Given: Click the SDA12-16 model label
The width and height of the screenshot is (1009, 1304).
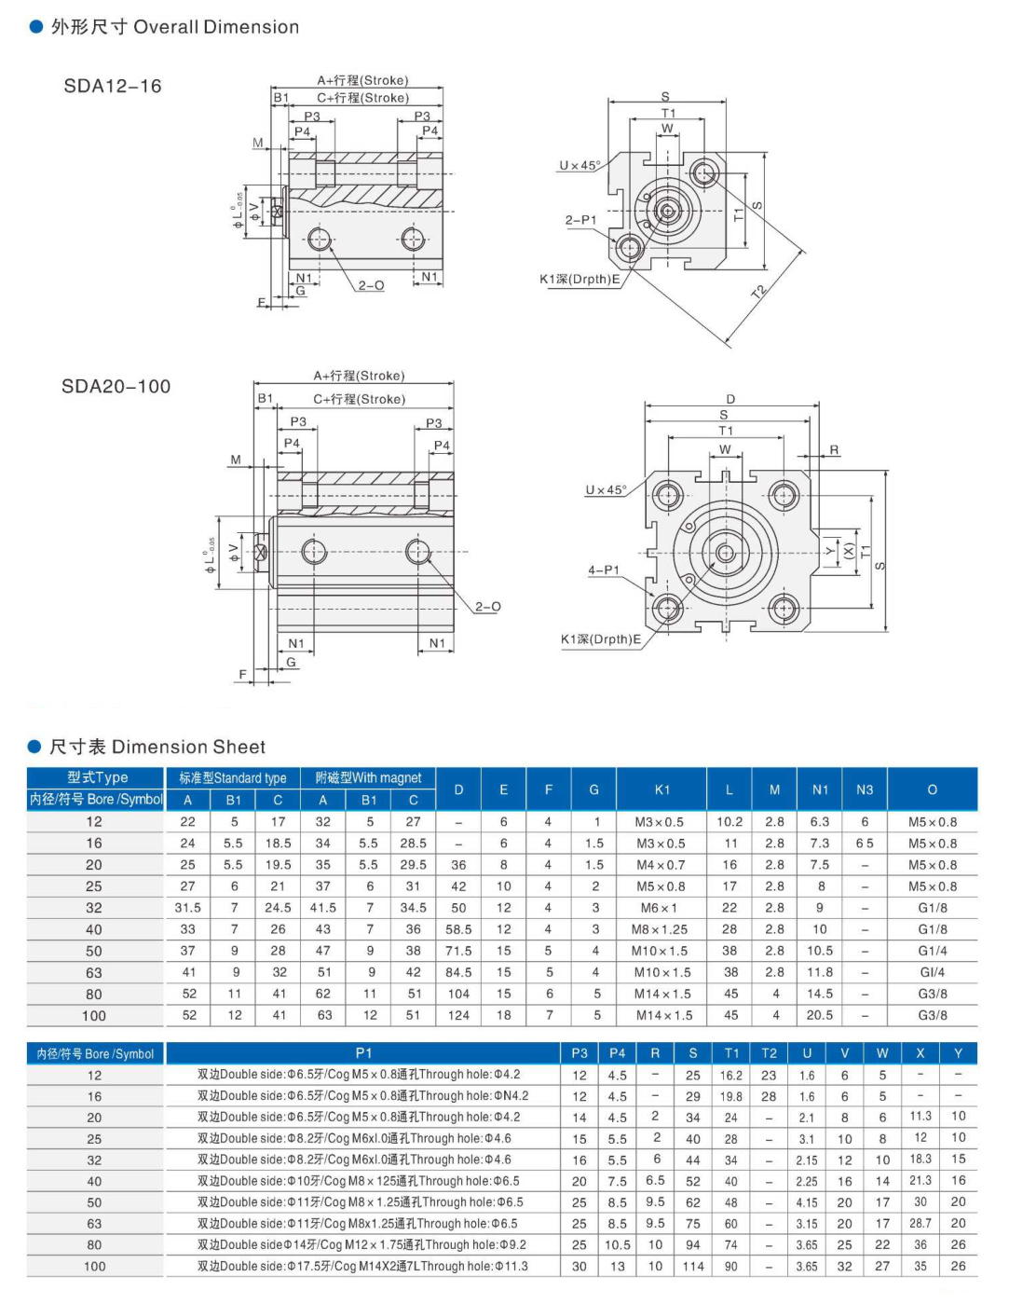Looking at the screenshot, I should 113,87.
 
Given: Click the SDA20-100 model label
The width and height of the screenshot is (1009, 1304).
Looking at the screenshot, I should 116,387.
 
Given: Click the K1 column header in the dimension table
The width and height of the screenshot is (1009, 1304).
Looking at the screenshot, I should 662,789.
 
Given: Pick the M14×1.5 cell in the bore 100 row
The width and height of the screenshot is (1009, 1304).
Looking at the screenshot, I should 662,1015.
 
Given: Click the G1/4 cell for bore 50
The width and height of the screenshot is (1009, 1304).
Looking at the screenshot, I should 932,951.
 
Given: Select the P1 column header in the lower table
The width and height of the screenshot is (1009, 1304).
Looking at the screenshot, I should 363,1053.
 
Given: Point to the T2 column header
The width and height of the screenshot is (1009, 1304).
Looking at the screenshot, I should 769,1053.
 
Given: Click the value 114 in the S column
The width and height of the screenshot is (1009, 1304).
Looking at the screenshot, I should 692,1266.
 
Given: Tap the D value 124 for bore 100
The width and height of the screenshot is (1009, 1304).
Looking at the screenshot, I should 458,1015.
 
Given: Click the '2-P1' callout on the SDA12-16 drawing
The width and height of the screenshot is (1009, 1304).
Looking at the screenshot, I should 580,221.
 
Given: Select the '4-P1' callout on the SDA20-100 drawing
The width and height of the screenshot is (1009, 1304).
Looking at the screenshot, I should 603,570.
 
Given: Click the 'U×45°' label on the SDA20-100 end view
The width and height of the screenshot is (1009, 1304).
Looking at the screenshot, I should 606,490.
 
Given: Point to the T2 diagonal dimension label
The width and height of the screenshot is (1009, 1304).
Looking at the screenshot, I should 758,292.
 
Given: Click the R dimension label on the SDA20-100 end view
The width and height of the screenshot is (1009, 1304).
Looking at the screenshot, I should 834,450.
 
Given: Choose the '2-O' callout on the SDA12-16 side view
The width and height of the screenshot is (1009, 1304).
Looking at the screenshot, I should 371,285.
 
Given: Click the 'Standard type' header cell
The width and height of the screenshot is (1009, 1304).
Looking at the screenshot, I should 233,777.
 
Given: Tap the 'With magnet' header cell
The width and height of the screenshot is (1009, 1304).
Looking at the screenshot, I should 368,777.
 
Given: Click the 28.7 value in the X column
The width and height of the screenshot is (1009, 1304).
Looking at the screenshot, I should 920,1223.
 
